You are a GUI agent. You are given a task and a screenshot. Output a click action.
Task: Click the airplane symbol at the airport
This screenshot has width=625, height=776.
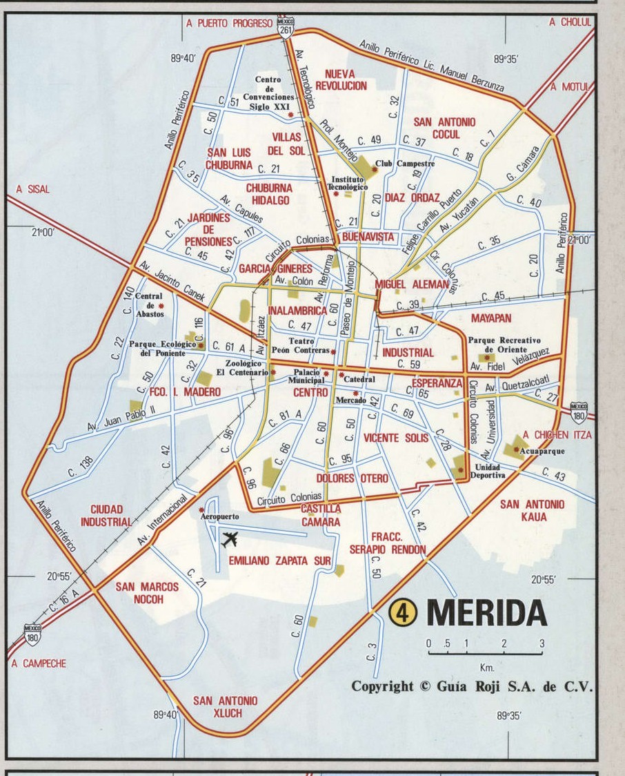point(230,539)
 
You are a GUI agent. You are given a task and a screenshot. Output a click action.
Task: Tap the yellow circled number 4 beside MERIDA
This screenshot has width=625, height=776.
point(404,612)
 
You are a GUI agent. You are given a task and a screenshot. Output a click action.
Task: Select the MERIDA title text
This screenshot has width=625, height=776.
point(486,612)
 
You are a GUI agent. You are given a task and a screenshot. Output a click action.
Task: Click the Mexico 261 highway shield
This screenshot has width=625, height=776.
point(286,28)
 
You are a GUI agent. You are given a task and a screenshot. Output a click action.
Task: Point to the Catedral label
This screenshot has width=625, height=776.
point(359,379)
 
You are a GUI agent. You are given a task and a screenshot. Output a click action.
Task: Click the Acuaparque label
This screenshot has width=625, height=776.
point(542,451)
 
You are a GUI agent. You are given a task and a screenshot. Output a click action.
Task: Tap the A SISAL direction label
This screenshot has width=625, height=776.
point(33,189)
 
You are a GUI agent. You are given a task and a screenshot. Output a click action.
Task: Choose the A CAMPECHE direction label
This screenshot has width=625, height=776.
point(39,663)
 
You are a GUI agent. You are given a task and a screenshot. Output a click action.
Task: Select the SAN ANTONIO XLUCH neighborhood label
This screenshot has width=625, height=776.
point(225,706)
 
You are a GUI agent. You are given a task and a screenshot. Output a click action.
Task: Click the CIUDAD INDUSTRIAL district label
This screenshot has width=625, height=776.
point(106,516)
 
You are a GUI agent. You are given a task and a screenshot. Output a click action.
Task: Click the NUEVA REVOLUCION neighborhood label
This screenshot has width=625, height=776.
point(341,79)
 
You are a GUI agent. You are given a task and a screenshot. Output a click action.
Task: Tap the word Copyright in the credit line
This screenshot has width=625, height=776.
point(383,686)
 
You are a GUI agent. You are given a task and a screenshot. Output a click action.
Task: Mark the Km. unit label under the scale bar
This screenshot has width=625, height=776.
point(486,667)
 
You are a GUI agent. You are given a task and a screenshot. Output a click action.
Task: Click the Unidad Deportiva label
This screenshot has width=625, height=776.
point(488,471)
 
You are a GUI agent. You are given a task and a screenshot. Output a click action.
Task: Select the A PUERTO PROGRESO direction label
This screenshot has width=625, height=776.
point(230,23)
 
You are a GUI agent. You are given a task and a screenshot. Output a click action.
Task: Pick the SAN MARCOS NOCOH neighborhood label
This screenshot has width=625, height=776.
point(147,593)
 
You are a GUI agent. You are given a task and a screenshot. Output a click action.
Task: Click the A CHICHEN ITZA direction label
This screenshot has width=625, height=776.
point(557,435)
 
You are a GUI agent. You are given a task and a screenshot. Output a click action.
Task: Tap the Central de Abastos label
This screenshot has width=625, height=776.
point(149,305)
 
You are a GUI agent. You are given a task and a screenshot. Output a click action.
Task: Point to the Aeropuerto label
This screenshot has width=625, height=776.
point(219,516)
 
